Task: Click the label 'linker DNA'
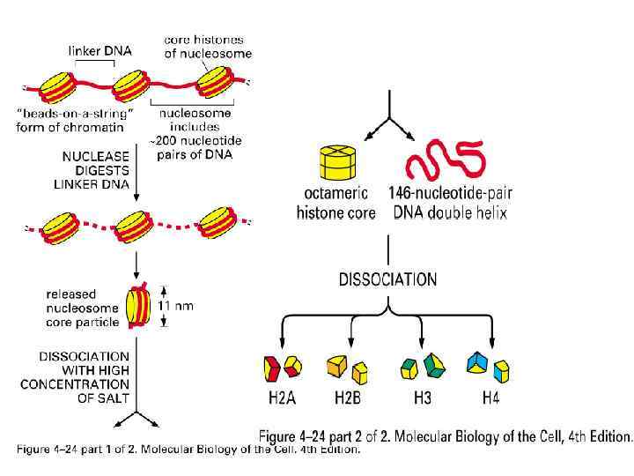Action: coord(100,50)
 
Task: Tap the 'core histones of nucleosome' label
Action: coord(208,47)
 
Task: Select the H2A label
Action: coord(282,398)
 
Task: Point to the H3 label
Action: coord(422,398)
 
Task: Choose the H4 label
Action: coord(490,398)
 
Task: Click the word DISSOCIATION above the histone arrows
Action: coord(387,279)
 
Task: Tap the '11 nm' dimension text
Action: coord(175,306)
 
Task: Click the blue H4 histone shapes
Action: coord(489,366)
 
